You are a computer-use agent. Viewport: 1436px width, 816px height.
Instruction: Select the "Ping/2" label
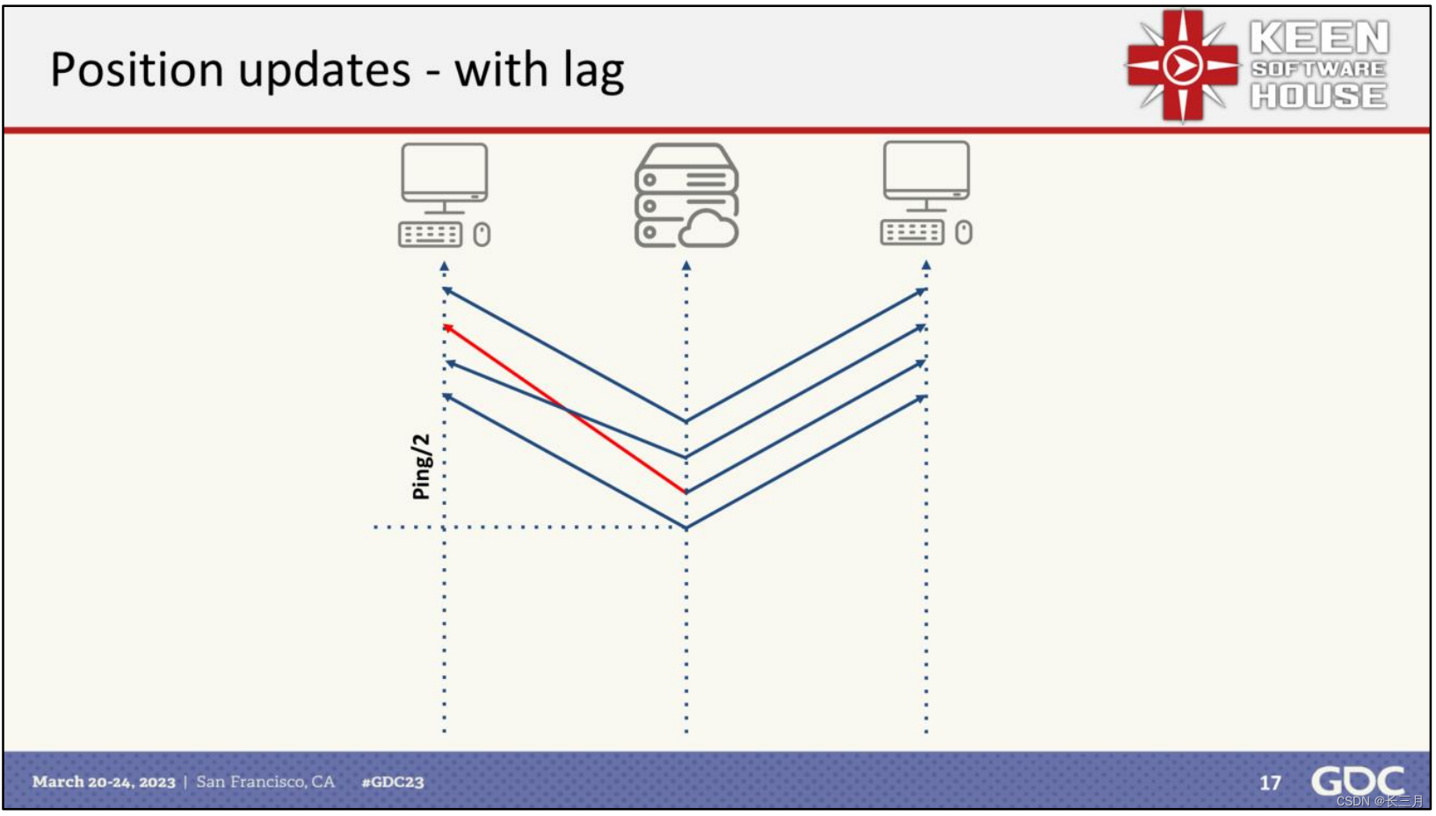(x=422, y=467)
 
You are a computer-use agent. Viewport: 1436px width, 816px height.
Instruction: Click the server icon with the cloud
(x=686, y=196)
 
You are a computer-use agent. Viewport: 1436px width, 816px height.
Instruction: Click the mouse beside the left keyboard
(x=482, y=235)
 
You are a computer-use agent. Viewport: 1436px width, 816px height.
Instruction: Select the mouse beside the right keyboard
(x=963, y=232)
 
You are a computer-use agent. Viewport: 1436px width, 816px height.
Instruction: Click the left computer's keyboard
(x=430, y=235)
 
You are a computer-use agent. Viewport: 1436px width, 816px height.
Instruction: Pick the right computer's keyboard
(x=912, y=232)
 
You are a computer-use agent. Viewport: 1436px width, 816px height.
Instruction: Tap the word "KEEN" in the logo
(x=1319, y=38)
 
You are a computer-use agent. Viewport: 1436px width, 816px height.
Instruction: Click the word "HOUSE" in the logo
(x=1319, y=96)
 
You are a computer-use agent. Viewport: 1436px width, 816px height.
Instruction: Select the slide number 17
(x=1270, y=783)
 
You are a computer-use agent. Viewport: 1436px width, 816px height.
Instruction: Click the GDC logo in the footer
(x=1357, y=781)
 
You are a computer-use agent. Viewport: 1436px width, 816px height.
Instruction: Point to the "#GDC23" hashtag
(x=393, y=782)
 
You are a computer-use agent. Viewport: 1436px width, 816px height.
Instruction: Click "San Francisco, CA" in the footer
(x=265, y=782)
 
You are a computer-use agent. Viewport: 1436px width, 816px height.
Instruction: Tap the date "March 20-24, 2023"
(x=104, y=782)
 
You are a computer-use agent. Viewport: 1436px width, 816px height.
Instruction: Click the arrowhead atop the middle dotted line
(x=686, y=266)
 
